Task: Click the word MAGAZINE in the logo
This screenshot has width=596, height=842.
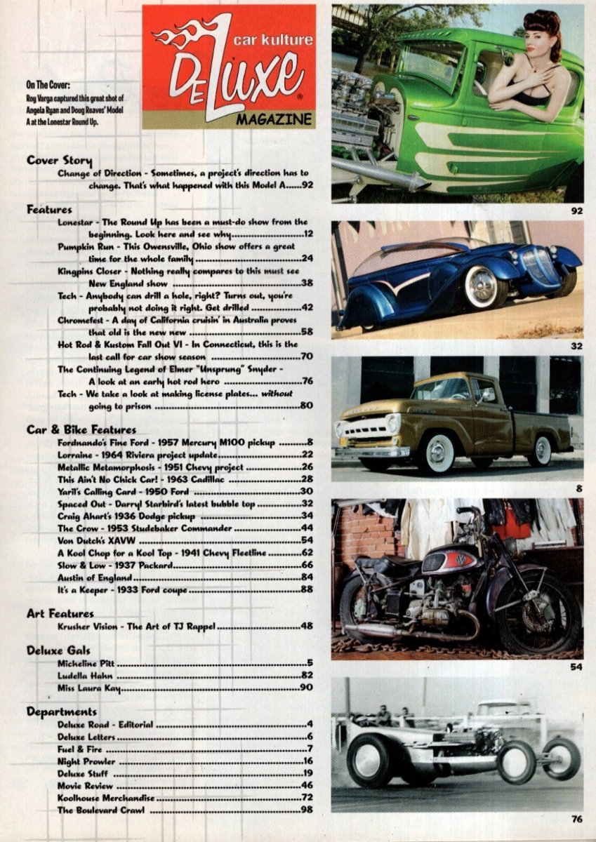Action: pyautogui.click(x=283, y=119)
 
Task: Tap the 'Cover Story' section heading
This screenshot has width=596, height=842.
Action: pyautogui.click(x=59, y=161)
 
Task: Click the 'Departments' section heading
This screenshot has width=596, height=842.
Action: pyautogui.click(x=62, y=711)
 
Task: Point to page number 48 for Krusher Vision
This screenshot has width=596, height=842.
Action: pyautogui.click(x=306, y=626)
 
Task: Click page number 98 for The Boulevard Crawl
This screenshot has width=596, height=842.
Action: pyautogui.click(x=306, y=810)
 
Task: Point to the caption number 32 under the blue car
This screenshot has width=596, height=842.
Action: pyautogui.click(x=576, y=346)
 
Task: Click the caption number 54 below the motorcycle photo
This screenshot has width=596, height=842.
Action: pyautogui.click(x=576, y=667)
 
